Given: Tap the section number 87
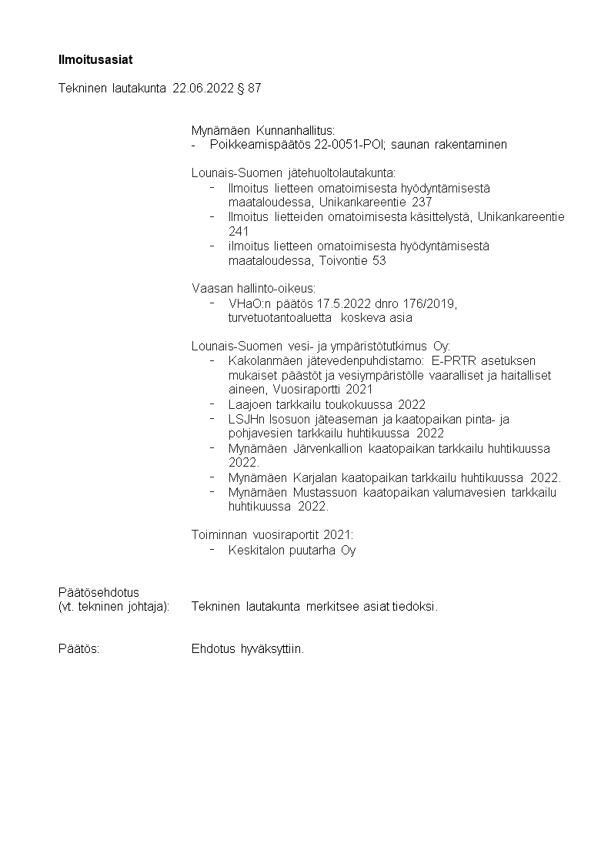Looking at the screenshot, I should tap(254, 89).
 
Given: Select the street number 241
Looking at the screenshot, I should tap(239, 231).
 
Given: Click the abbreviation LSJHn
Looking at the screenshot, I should tap(245, 419).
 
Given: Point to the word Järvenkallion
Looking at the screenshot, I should tap(329, 448).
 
